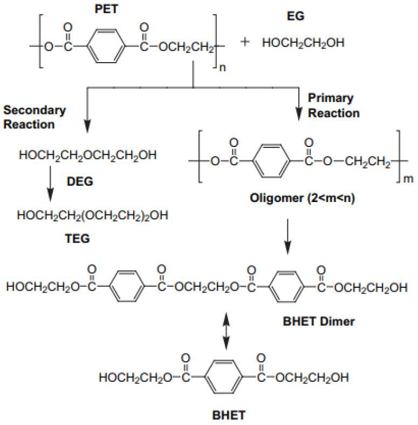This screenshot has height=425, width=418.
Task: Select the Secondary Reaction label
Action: click(x=35, y=117)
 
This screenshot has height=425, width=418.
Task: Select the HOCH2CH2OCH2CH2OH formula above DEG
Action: click(x=88, y=157)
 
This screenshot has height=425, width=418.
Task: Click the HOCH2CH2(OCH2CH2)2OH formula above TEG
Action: click(x=92, y=216)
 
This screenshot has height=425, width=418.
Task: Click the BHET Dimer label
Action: click(x=319, y=321)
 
